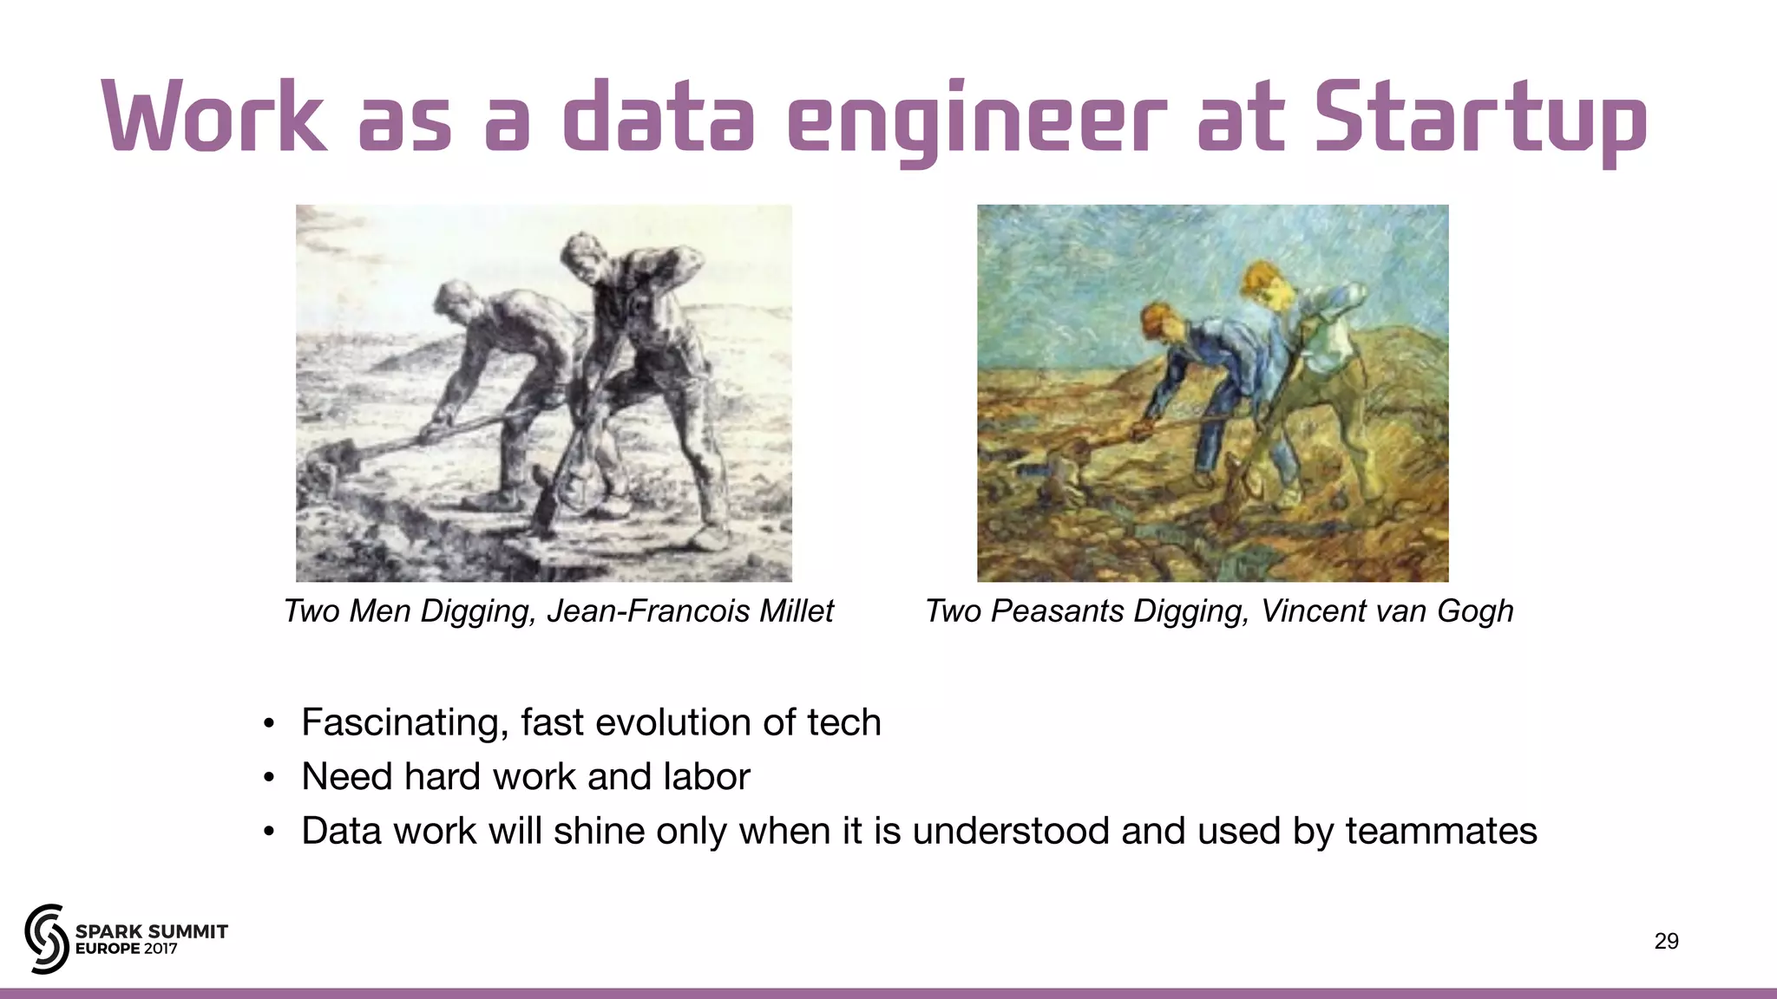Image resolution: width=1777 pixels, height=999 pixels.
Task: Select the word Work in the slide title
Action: coord(213,117)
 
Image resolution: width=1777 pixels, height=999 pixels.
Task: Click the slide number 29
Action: coord(1666,941)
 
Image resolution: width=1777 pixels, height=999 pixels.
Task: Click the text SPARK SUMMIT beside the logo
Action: coord(152,931)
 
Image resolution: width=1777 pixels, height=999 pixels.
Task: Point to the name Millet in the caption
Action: coord(796,611)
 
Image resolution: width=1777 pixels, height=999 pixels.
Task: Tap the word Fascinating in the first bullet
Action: coord(404,722)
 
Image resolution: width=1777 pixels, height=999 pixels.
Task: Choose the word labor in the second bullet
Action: coord(706,776)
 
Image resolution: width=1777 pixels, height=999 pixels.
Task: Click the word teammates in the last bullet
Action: coord(1441,831)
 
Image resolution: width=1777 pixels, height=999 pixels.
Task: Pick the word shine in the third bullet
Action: coord(599,831)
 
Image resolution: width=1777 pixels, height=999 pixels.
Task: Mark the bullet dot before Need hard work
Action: coord(270,778)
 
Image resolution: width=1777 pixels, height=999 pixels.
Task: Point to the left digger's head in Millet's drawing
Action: coord(452,299)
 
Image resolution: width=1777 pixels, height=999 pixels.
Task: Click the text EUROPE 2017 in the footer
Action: coord(127,949)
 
